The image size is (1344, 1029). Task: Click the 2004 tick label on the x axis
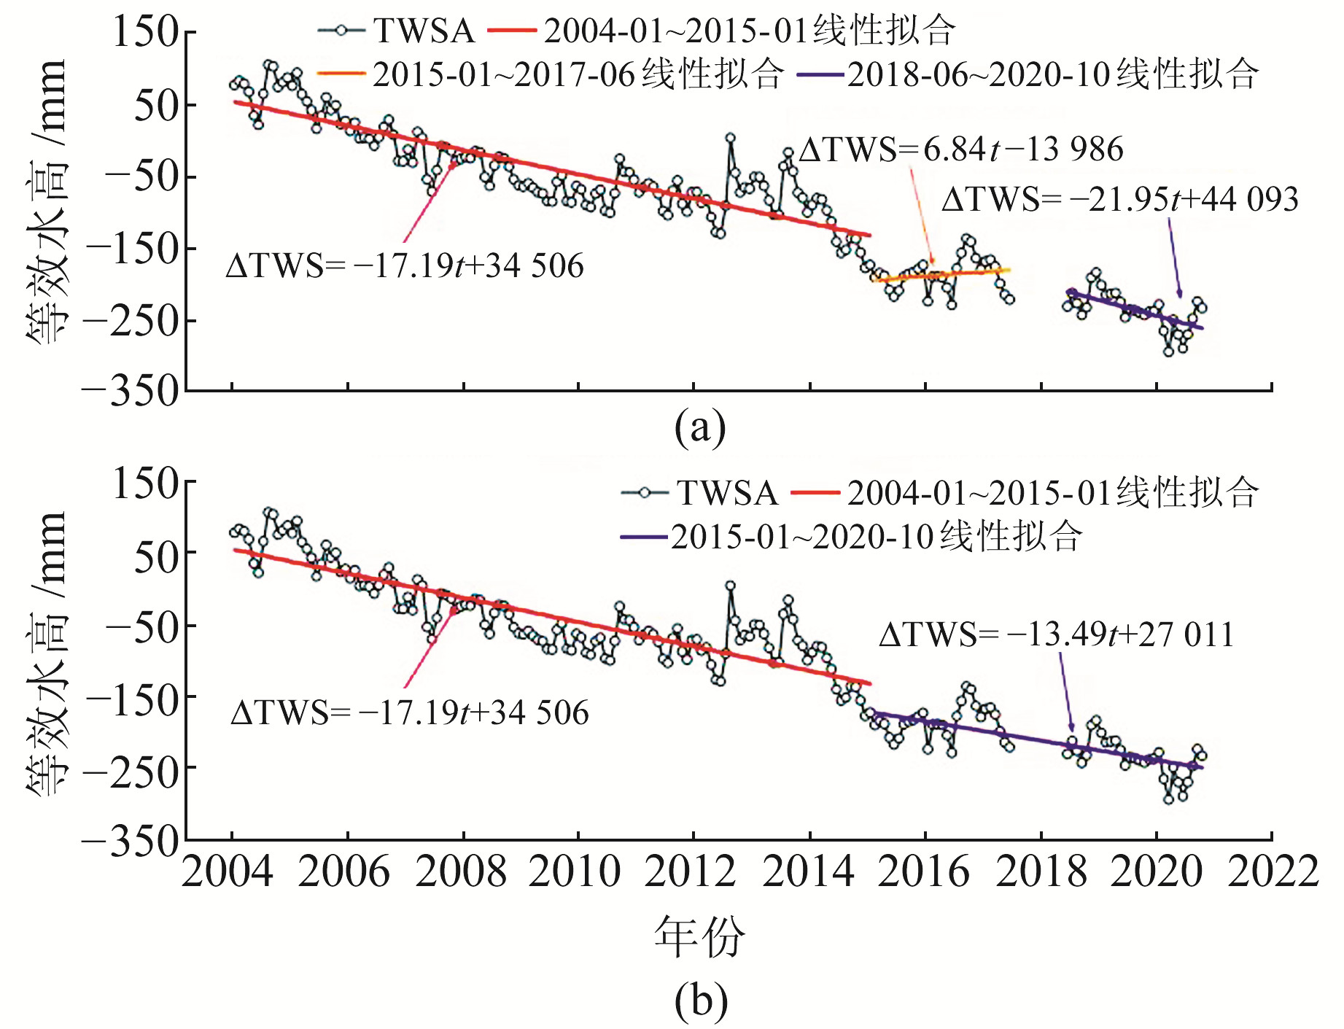pyautogui.click(x=228, y=872)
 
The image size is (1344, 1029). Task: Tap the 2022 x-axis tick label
pyautogui.click(x=1273, y=872)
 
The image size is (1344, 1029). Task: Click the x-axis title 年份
pyautogui.click(x=699, y=936)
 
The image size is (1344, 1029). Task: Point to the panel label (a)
pyautogui.click(x=700, y=428)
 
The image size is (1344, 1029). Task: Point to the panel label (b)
pyautogui.click(x=701, y=1001)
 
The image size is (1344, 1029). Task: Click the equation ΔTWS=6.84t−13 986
pyautogui.click(x=960, y=150)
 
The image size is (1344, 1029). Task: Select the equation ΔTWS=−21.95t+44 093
pyautogui.click(x=1119, y=199)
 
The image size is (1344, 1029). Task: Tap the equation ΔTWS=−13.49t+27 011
pyautogui.click(x=1056, y=634)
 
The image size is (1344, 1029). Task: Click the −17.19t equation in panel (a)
pyautogui.click(x=405, y=266)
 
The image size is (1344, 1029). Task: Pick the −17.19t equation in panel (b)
pyautogui.click(x=409, y=712)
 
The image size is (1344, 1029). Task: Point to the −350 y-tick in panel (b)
pyautogui.click(x=130, y=841)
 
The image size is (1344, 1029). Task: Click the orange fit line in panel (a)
pyautogui.click(x=941, y=274)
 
